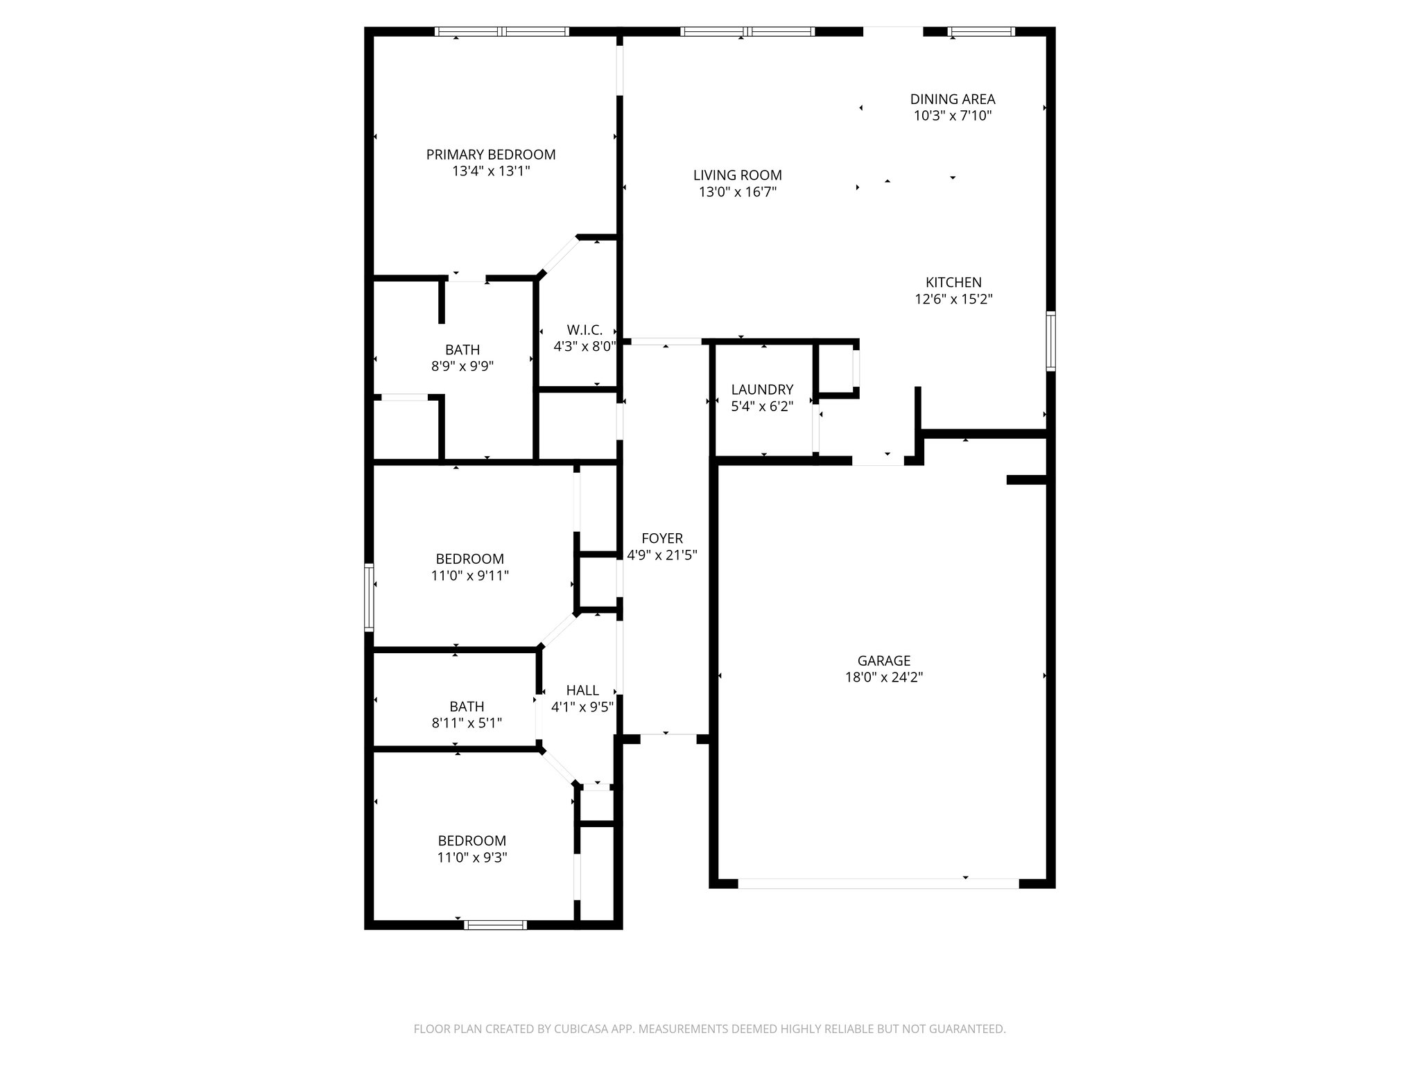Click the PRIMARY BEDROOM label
(490, 155)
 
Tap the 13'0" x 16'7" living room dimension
(737, 193)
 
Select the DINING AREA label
(952, 99)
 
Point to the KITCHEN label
(953, 282)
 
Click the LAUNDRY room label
(761, 390)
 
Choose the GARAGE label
(883, 661)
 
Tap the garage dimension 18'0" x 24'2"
(883, 677)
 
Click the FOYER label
(661, 538)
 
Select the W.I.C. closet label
(584, 329)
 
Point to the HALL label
(582, 690)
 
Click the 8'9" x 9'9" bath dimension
(462, 366)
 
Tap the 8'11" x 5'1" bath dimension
(466, 723)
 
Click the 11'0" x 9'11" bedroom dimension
(469, 575)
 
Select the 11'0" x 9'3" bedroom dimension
(471, 857)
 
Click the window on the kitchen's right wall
(1050, 341)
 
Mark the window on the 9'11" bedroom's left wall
(369, 597)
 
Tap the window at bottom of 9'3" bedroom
(495, 924)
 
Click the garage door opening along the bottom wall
(878, 884)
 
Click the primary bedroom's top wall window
(501, 31)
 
